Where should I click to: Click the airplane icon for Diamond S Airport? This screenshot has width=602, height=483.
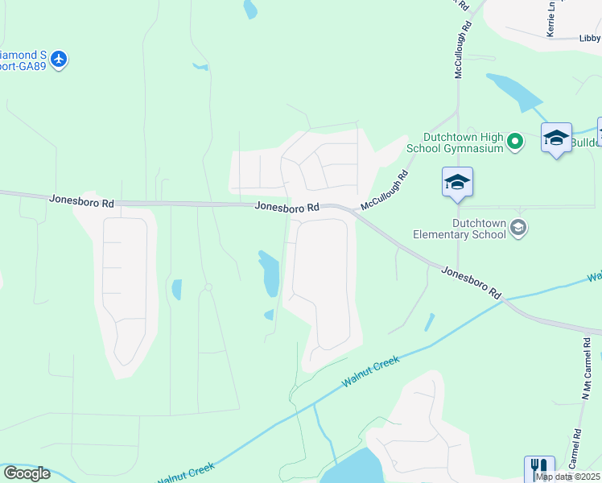(x=58, y=59)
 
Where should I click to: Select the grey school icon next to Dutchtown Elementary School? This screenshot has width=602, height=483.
(x=518, y=228)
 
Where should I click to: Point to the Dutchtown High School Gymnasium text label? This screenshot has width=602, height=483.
(x=464, y=142)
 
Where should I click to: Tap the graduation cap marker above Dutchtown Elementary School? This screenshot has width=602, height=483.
(x=457, y=183)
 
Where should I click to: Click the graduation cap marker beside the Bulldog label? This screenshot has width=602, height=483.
(x=556, y=138)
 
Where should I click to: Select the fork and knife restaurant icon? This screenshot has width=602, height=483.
(x=539, y=468)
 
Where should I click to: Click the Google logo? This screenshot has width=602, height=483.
(x=27, y=473)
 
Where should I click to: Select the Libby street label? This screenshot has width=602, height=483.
(x=590, y=38)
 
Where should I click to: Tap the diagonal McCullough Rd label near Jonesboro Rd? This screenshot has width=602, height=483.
(x=385, y=190)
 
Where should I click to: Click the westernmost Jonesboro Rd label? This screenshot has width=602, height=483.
(x=81, y=200)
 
